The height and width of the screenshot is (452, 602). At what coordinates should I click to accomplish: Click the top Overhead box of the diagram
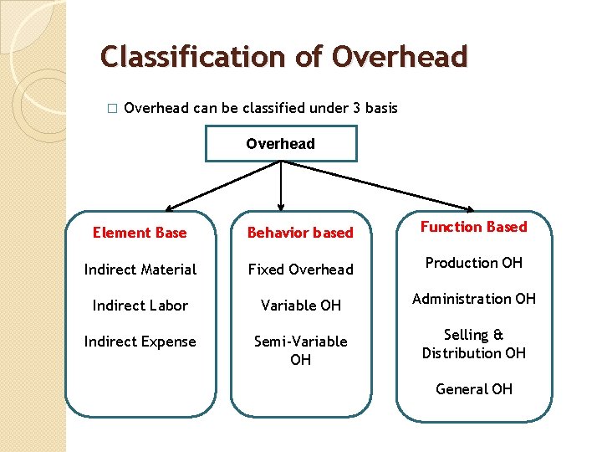(x=281, y=143)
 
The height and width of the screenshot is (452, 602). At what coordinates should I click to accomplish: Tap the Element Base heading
(x=140, y=233)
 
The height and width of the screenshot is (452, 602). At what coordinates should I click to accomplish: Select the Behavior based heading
(x=300, y=233)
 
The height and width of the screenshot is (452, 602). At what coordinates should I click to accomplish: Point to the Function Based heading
(x=473, y=227)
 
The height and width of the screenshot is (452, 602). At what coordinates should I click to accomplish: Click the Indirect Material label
(x=140, y=270)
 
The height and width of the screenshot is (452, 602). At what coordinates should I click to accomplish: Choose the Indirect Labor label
(x=140, y=306)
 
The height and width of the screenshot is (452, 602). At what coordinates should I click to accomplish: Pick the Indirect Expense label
(x=140, y=342)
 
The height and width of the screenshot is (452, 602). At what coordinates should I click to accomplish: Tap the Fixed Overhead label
(x=300, y=270)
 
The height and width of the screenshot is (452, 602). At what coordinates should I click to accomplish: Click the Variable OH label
(x=300, y=306)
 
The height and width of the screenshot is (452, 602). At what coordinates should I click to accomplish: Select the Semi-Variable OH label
(x=300, y=350)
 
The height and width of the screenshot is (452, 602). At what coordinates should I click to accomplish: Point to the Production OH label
(x=473, y=263)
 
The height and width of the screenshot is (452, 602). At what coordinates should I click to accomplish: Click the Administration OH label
(x=473, y=299)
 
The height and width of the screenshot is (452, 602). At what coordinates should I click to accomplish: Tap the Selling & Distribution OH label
(x=473, y=344)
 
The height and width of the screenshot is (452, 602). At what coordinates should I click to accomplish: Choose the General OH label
(x=473, y=389)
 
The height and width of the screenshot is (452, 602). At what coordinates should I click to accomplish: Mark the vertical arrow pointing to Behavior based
(x=281, y=188)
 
